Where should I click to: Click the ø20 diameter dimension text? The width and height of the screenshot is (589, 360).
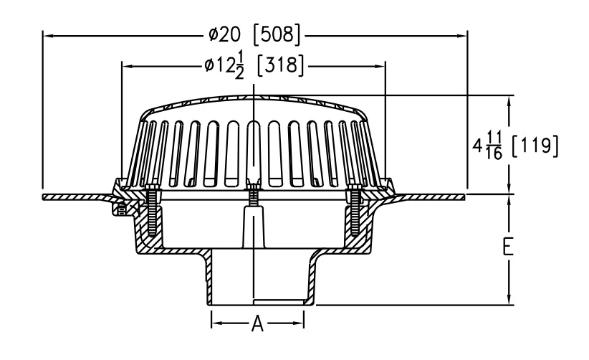[224, 35]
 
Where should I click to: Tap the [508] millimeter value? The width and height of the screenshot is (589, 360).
[277, 35]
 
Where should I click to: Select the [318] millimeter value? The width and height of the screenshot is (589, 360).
[281, 65]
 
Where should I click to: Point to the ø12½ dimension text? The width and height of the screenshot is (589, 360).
[224, 65]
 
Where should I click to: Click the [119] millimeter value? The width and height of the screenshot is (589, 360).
[535, 146]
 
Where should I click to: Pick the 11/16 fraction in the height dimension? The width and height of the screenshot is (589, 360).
[494, 146]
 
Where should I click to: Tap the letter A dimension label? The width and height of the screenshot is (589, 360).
[257, 323]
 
